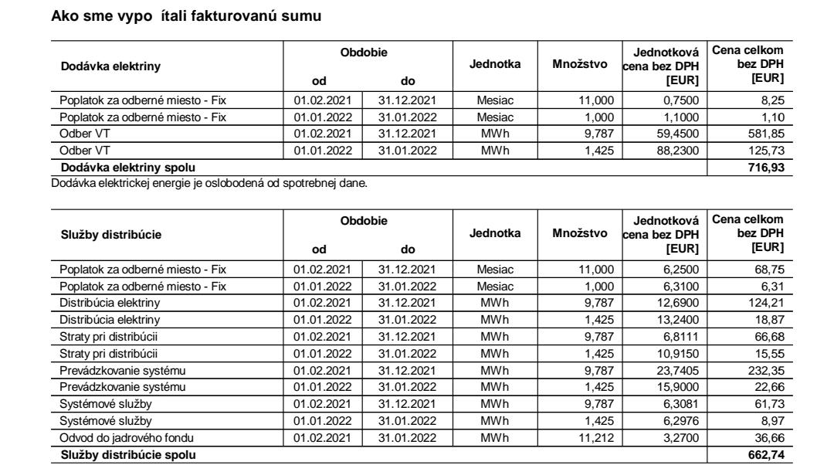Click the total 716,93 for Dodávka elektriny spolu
tap(768, 167)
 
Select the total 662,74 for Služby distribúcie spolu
tap(768, 455)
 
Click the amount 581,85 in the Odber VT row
tap(768, 134)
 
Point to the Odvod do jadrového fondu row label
tap(117, 440)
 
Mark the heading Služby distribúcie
tap(107, 236)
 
